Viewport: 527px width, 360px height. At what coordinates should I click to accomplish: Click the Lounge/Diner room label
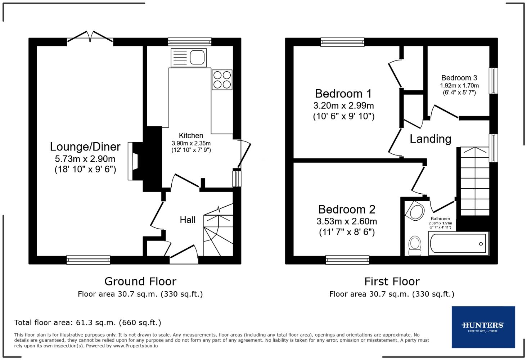pos(85,147)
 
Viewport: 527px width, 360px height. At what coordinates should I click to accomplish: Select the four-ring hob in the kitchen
pos(222,80)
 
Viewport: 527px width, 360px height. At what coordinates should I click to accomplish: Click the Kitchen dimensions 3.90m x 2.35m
pos(191,143)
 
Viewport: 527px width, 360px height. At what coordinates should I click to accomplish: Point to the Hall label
pos(188,220)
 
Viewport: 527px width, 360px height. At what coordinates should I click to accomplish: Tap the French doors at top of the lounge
pos(90,37)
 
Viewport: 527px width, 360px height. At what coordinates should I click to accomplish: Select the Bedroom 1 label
pos(343,94)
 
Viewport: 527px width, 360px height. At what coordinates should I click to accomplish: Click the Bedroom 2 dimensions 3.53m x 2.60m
pos(347,221)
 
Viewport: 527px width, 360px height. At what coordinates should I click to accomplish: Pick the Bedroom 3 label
pos(459,78)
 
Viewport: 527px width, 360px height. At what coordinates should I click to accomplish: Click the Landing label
pos(430,139)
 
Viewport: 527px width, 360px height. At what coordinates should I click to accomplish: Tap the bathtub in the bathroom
pos(458,244)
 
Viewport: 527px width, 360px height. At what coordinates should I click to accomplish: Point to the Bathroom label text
pos(440,219)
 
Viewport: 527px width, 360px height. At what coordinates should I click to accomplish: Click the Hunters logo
pos(483,327)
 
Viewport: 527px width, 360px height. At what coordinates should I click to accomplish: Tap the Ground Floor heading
pos(140,281)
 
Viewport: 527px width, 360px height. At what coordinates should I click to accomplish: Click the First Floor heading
pos(392,281)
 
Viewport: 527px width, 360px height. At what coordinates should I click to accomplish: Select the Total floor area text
pos(87,323)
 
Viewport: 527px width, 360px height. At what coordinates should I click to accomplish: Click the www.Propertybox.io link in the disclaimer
pos(135,346)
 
